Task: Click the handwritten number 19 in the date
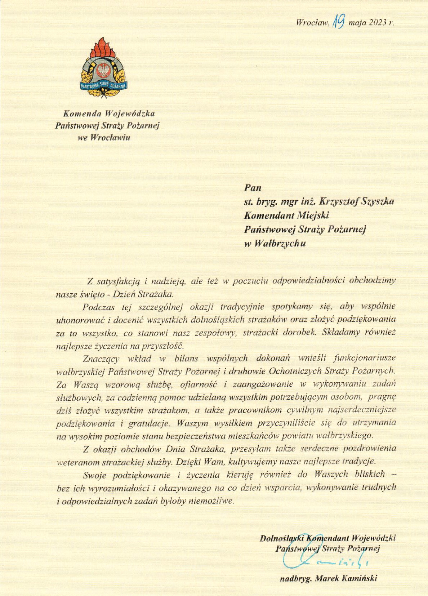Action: point(339,22)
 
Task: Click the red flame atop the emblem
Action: point(103,47)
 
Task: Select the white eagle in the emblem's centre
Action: point(103,70)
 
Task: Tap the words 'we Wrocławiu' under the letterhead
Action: point(104,137)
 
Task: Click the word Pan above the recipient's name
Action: point(253,188)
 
